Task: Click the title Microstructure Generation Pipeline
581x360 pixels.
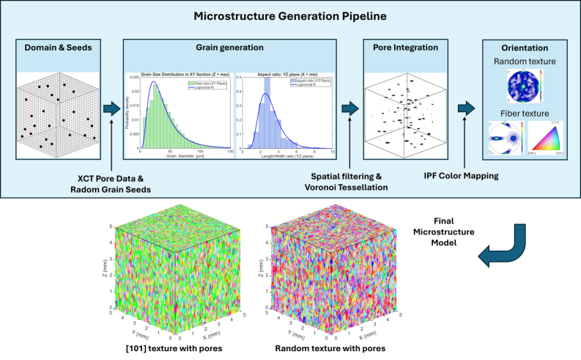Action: [x=290, y=15]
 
